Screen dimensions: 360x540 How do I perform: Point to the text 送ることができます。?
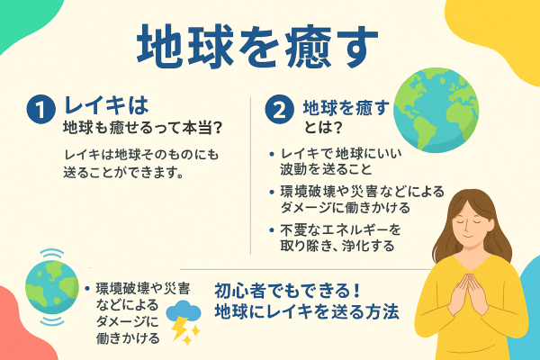point(125,171)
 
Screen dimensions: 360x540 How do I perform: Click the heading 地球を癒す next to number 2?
point(346,107)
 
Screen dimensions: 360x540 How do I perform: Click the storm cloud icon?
point(186,314)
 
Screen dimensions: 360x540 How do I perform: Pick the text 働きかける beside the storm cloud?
point(127,338)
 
